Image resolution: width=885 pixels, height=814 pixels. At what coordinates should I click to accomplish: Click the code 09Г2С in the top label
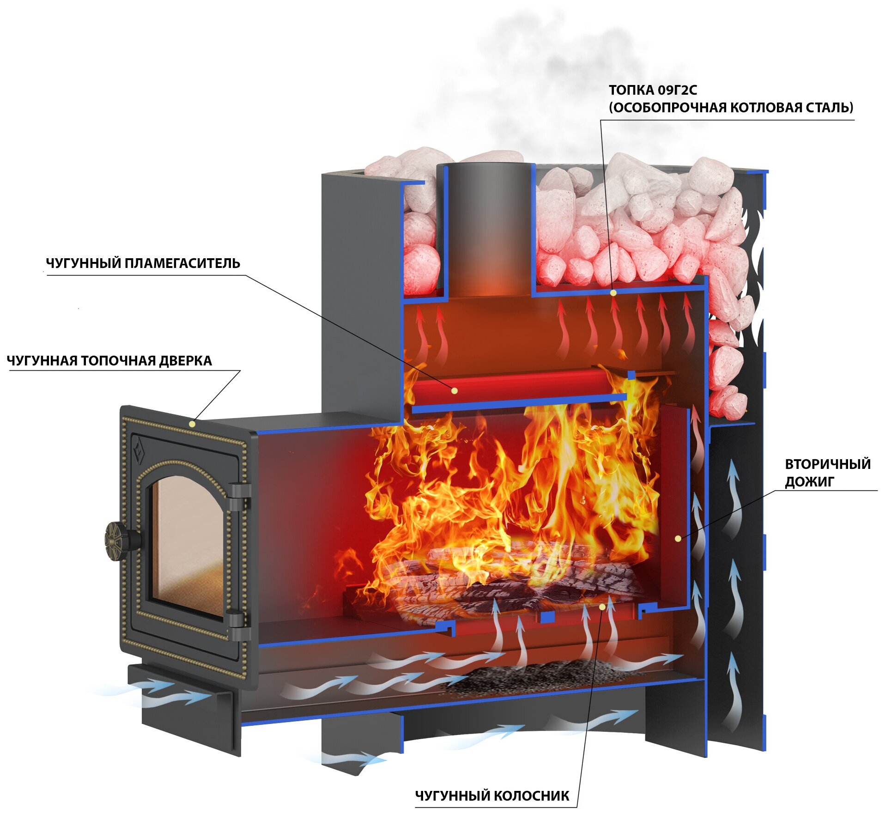[x=678, y=90]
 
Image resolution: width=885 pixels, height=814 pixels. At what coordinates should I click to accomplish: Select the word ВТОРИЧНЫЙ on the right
[x=828, y=464]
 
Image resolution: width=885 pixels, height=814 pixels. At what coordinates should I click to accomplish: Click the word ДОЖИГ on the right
[x=810, y=482]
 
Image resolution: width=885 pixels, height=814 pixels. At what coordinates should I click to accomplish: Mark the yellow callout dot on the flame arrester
[x=455, y=391]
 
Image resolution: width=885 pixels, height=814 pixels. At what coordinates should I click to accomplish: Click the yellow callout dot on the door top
[x=192, y=423]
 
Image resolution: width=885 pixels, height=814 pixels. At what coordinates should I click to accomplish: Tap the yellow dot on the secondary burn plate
[x=678, y=538]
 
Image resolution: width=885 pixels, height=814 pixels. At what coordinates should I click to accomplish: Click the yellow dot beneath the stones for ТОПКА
[x=613, y=292]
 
